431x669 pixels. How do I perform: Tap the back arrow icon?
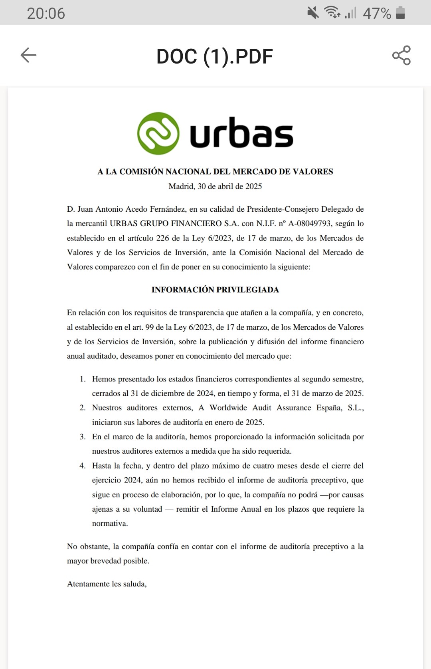coord(28,55)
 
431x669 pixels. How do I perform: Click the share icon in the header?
coord(401,55)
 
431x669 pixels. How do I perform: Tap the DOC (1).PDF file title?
coord(215,56)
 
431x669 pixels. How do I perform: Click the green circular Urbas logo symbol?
coord(158,133)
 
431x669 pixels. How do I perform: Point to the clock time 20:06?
coord(46,13)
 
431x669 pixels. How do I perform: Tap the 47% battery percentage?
coord(377,13)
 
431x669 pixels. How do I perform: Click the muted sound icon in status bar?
coord(313,13)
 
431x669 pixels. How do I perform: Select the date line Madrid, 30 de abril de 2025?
coord(215,186)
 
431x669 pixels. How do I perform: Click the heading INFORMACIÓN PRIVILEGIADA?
coord(215,290)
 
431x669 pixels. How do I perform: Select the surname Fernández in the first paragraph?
coord(168,209)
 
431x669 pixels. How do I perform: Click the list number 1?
coord(83,379)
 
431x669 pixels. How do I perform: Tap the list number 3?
coord(83,437)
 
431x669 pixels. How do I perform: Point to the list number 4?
coord(83,466)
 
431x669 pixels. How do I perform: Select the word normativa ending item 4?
coord(110,524)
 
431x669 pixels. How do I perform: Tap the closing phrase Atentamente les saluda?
coord(107,584)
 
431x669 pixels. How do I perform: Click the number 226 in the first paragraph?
coord(162,238)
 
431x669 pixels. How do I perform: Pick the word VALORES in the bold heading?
coord(313,172)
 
